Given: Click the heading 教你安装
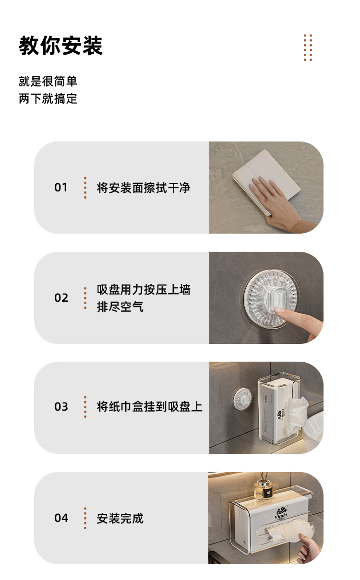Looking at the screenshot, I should click(x=60, y=46).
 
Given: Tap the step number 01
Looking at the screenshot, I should click(x=61, y=188).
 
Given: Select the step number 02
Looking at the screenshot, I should click(x=61, y=298).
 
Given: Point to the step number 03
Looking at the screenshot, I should click(x=61, y=407).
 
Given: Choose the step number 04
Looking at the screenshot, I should click(x=61, y=518).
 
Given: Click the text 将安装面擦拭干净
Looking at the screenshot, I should click(x=144, y=188).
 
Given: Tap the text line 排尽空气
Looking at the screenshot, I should click(x=120, y=307).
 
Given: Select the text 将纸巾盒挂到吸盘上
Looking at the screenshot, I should click(x=149, y=407).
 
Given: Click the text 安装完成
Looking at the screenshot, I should click(x=120, y=518).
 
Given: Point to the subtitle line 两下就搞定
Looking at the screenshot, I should click(x=48, y=99).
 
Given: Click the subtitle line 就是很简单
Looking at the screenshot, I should click(x=48, y=81).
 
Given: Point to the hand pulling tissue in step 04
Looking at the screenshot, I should click(x=309, y=547).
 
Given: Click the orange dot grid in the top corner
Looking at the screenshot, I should click(x=308, y=47).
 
